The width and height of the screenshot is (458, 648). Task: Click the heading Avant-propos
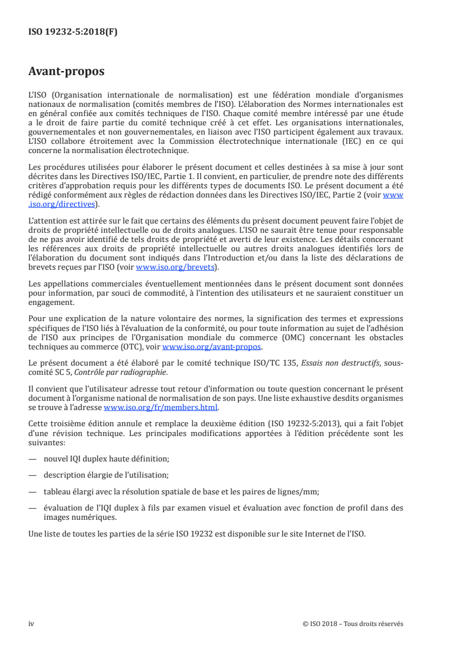point(66,72)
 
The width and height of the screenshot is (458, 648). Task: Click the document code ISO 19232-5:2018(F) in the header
point(73,32)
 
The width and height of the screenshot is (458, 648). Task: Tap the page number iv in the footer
point(31,624)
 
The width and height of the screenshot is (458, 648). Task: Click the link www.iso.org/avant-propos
point(212,347)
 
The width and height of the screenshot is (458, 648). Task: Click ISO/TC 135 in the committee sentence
point(275,363)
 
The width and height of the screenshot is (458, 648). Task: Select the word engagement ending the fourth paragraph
point(51,301)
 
